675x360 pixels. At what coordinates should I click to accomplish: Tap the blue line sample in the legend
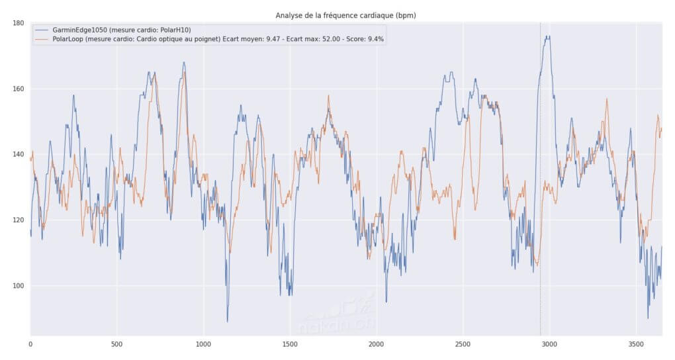tap(41, 30)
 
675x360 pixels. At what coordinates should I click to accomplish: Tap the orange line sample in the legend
tap(41, 39)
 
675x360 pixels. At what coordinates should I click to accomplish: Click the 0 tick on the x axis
tap(30, 344)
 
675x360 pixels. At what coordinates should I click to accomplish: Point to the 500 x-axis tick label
tap(117, 344)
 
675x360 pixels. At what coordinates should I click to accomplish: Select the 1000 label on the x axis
tap(204, 344)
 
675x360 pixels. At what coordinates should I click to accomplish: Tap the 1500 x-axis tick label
tap(290, 344)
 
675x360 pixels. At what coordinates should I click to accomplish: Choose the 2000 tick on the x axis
tap(377, 344)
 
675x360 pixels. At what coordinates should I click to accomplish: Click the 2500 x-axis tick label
tap(463, 344)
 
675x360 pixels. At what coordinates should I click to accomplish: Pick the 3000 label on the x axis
tap(550, 344)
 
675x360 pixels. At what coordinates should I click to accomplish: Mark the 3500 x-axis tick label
tap(636, 344)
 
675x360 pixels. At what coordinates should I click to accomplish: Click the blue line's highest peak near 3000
tap(547, 36)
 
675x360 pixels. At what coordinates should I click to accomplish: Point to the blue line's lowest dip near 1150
tap(228, 321)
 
